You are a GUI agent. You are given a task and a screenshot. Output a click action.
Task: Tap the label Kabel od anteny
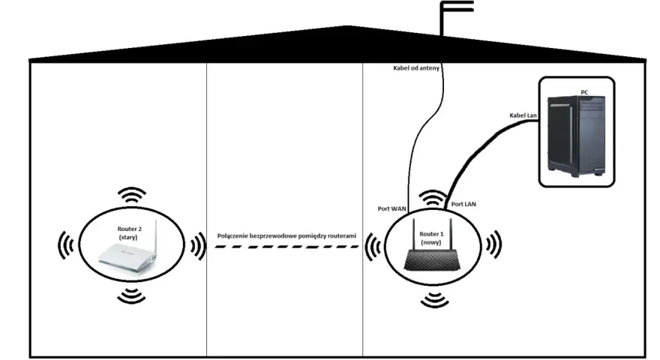tap(415, 67)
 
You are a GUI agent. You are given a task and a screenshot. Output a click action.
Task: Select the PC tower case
tap(576, 134)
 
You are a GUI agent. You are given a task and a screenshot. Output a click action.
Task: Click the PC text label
tap(584, 91)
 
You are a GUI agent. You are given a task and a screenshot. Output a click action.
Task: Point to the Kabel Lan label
tap(523, 115)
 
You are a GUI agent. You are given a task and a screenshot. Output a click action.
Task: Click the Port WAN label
tap(391, 208)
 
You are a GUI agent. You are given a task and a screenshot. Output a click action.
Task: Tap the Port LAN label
tap(463, 204)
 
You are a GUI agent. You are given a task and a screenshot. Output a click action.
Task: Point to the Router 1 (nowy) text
tap(431, 238)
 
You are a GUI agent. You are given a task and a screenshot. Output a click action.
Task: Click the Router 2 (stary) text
tap(129, 232)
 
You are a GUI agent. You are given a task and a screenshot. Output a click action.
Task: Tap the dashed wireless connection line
tap(286, 247)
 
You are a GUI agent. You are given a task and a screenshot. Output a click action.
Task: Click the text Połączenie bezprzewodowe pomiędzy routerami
tap(286, 235)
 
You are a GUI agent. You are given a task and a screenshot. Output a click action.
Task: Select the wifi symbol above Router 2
tap(132, 195)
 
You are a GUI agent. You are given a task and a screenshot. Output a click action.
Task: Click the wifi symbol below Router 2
tap(131, 295)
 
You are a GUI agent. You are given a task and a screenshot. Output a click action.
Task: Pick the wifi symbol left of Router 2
tap(66, 244)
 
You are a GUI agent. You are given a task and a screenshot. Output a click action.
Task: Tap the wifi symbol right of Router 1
tap(493, 244)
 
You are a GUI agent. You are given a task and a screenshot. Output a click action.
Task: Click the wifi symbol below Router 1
tap(434, 299)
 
